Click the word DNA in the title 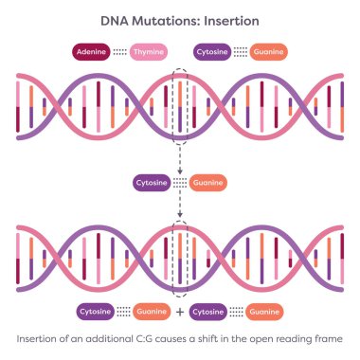[x=116, y=20]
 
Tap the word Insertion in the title [x=228, y=20]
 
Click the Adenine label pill [x=91, y=52]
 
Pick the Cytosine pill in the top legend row [x=211, y=52]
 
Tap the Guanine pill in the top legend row [x=269, y=52]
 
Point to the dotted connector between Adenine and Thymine [x=119, y=52]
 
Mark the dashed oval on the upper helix [x=180, y=105]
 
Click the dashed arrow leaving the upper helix [x=180, y=156]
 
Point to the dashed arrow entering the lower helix [x=180, y=207]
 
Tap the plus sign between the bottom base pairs [x=180, y=311]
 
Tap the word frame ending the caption [x=337, y=338]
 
